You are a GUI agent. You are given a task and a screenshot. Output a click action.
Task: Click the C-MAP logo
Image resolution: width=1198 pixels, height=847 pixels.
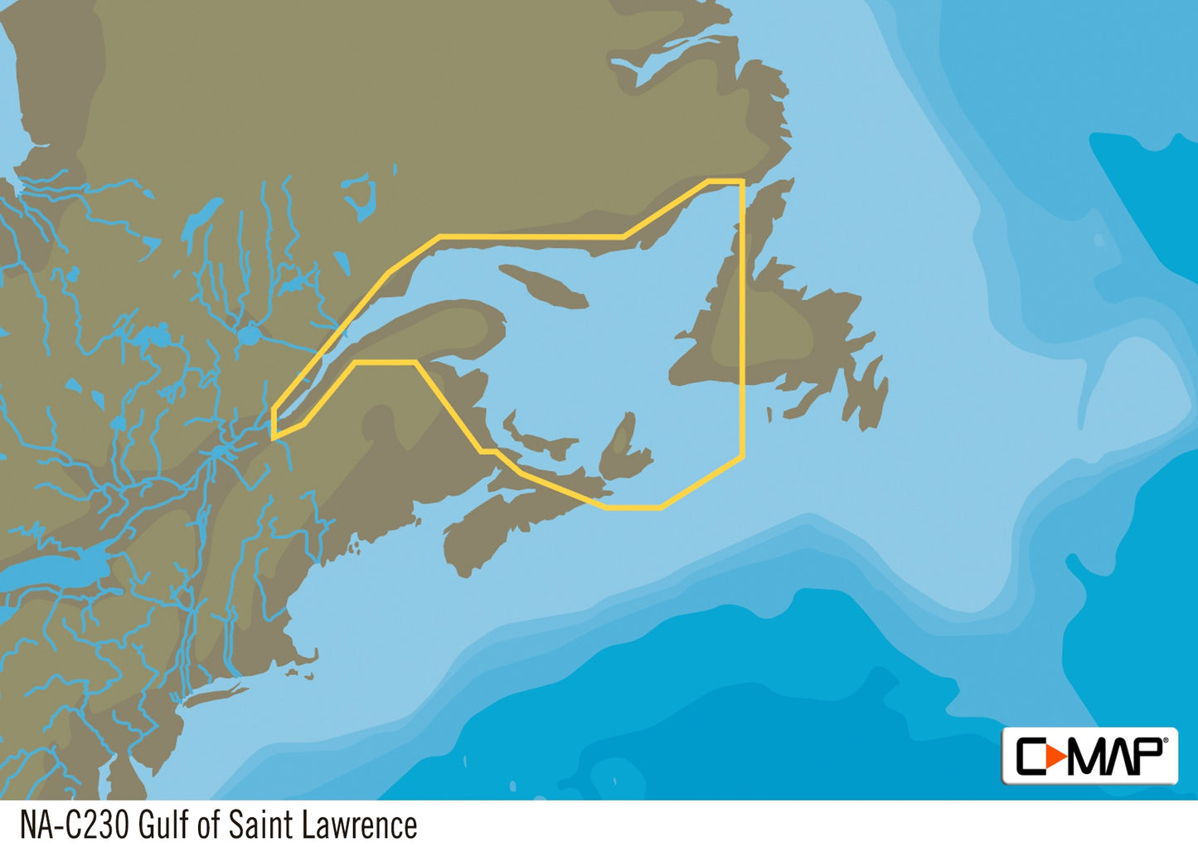[x=1089, y=755]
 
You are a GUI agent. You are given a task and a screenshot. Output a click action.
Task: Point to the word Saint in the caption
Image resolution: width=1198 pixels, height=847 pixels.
[x=260, y=825]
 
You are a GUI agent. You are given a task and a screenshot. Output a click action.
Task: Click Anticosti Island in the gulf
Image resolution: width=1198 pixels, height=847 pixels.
[x=543, y=285]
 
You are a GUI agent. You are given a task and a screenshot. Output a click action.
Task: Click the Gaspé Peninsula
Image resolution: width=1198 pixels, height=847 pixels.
[x=439, y=332]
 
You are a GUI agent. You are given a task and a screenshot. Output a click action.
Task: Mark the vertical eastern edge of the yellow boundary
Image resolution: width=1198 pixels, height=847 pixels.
[x=743, y=315]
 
